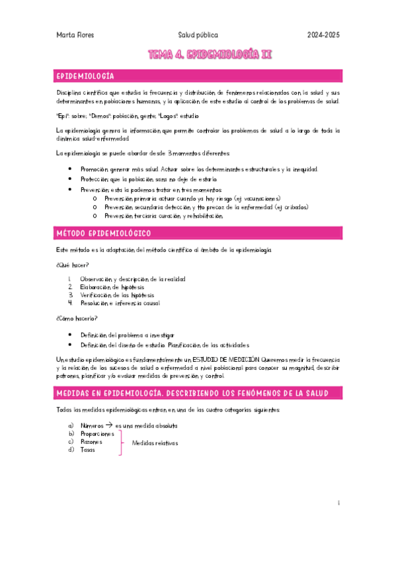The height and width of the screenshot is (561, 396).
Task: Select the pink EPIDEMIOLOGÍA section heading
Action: (86, 76)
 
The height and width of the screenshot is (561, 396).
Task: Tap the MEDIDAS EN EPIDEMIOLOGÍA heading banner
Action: (191, 394)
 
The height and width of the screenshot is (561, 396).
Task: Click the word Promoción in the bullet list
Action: (93, 169)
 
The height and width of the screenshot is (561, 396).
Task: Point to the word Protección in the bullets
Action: (93, 179)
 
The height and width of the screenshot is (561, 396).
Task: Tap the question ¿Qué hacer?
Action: (68, 265)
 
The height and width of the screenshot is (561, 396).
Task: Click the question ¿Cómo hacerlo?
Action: (73, 319)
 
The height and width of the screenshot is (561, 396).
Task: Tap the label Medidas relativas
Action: (155, 443)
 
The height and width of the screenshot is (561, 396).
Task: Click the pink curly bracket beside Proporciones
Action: (120, 442)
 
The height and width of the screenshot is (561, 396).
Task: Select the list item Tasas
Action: (87, 450)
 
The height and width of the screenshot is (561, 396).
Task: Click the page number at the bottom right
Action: (338, 503)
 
